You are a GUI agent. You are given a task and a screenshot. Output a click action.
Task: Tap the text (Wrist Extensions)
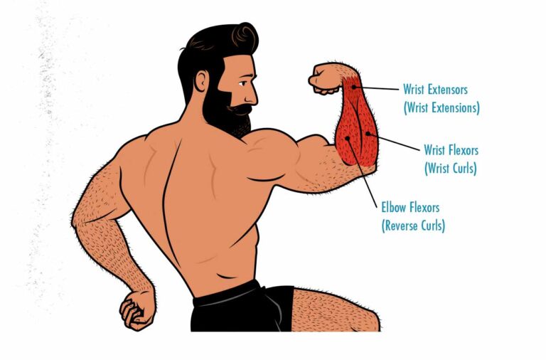(441, 108)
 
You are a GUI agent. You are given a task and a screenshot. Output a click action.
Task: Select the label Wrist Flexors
(451, 150)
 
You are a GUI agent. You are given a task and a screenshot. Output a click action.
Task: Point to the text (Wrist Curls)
(450, 168)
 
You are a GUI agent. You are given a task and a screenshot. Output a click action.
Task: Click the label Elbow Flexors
(410, 208)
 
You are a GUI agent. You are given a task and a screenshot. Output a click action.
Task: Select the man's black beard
(224, 114)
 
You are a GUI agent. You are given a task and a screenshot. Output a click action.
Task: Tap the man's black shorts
(242, 307)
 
